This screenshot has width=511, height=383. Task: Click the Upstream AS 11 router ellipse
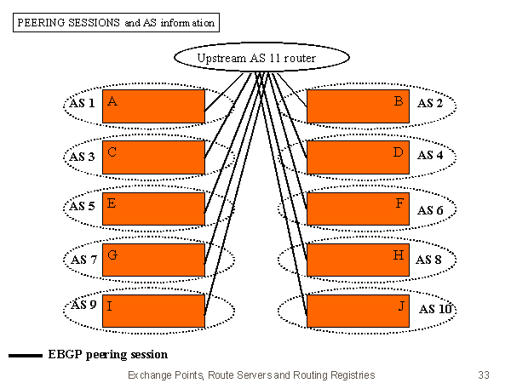click(261, 57)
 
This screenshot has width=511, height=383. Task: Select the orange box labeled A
click(153, 106)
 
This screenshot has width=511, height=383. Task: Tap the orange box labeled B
click(358, 106)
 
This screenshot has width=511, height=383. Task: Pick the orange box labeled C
click(153, 157)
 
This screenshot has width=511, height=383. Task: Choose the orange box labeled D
click(358, 157)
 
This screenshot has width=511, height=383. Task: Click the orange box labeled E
click(153, 209)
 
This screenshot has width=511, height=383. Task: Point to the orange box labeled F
click(358, 209)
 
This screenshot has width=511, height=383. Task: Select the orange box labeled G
click(153, 260)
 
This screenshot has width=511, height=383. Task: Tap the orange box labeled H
click(358, 260)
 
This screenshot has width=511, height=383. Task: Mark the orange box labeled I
click(153, 311)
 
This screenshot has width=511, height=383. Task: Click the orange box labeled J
click(358, 311)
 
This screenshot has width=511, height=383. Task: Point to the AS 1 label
click(82, 104)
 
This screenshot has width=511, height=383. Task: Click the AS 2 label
click(430, 104)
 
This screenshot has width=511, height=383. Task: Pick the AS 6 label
click(430, 210)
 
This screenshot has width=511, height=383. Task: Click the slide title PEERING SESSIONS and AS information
click(116, 23)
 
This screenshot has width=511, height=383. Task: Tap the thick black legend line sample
click(26, 355)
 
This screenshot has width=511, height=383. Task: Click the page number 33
click(484, 374)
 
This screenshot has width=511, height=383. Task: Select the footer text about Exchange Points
click(250, 374)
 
